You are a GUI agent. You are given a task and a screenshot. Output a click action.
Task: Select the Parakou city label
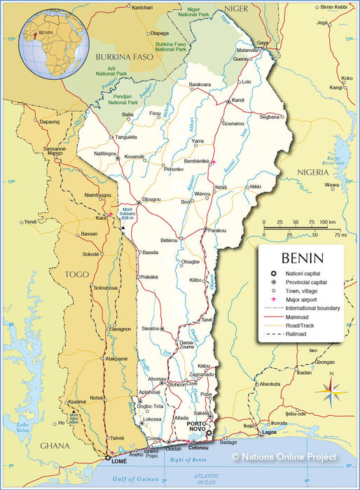coord(217,230)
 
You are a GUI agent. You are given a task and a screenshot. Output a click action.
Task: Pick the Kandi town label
coord(238,100)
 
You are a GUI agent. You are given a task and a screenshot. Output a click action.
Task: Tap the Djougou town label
coord(151,199)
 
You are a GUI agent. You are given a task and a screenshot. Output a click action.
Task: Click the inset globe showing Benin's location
coord(53,35)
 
